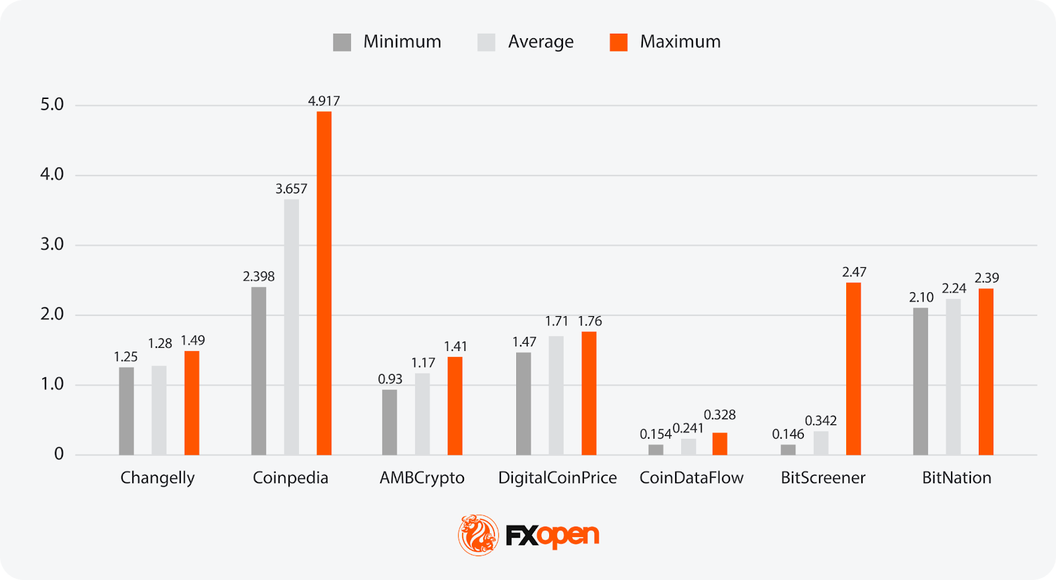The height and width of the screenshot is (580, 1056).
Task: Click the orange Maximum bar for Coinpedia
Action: [x=324, y=283]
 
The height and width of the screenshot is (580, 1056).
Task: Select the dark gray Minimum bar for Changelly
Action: [x=126, y=411]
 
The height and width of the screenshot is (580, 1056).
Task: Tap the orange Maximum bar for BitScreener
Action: [x=853, y=369]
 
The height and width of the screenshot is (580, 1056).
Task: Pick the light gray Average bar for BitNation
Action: [x=953, y=377]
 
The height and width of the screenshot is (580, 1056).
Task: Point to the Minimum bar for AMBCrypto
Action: [x=389, y=422]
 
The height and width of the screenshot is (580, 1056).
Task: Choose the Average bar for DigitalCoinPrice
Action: [x=556, y=395]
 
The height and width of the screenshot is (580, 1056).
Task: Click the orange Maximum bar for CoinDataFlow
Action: [x=719, y=444]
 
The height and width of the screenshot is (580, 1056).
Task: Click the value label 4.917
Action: [x=324, y=101]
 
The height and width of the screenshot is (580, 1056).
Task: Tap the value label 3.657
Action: [x=291, y=189]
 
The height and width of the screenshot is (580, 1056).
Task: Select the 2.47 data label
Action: [x=854, y=272]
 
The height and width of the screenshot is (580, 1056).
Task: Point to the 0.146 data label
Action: [x=788, y=434]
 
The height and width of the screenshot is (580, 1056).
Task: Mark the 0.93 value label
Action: [x=390, y=379]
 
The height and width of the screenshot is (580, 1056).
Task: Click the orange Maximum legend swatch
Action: [x=618, y=42]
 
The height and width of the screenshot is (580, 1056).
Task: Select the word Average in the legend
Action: [x=541, y=42]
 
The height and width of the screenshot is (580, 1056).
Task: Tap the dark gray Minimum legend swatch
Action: [x=342, y=42]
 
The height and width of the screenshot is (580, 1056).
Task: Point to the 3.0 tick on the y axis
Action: [x=52, y=244]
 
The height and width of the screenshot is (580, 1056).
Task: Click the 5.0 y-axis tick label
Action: [x=52, y=104]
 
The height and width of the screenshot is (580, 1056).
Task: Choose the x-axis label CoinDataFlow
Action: [x=691, y=478]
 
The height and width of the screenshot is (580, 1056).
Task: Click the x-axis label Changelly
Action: [x=157, y=478]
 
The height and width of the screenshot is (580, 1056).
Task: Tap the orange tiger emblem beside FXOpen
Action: [x=478, y=534]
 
